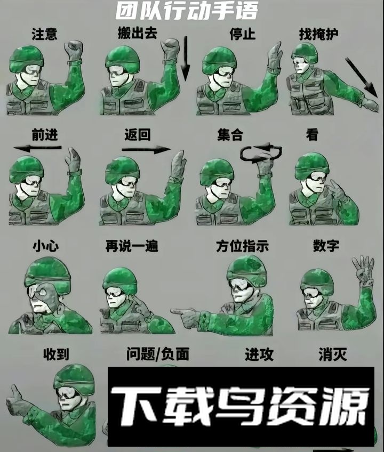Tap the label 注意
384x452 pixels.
point(44,34)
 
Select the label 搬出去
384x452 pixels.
point(137,33)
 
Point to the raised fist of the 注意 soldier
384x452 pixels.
point(74,50)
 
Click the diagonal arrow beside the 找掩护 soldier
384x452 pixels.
point(361,77)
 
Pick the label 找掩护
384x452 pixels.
point(318,34)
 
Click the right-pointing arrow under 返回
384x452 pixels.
point(146,150)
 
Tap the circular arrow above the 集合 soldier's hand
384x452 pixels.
point(261,152)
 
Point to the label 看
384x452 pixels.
point(312,135)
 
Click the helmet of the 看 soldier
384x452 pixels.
point(312,166)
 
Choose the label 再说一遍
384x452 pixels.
point(132,246)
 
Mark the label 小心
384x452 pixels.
point(46,246)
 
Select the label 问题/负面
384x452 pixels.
point(158,354)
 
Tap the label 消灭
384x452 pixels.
point(333,354)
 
